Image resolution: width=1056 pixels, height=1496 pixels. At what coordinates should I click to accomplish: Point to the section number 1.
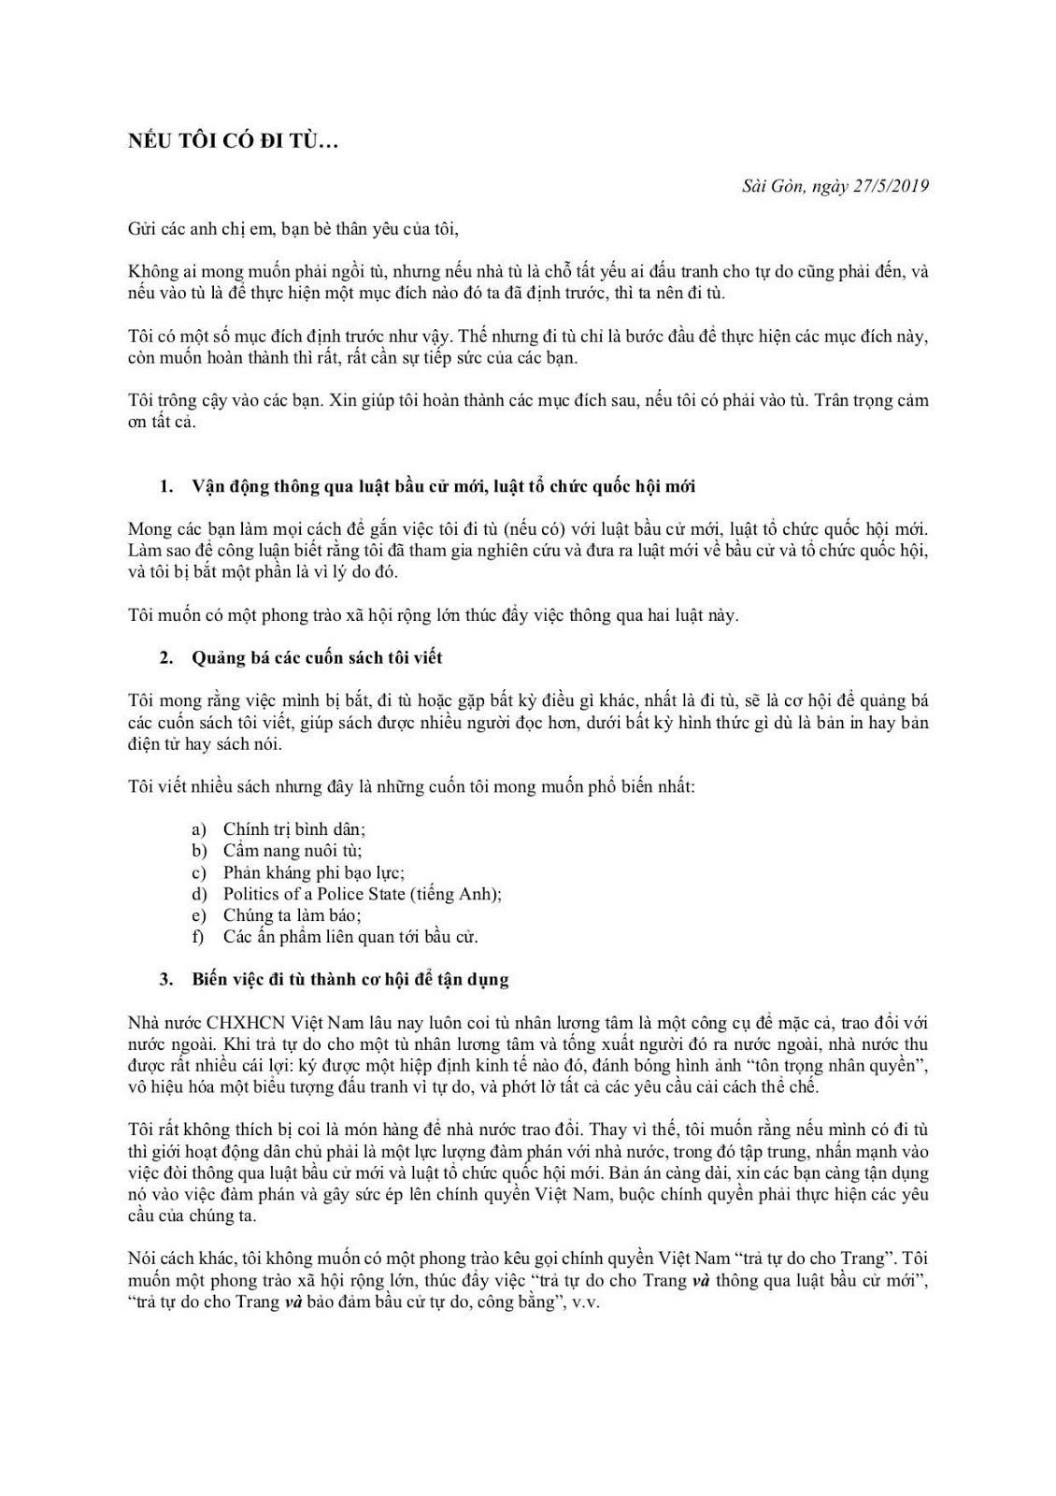point(166,486)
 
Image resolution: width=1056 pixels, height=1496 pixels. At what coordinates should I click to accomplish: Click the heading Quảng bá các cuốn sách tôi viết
point(317,657)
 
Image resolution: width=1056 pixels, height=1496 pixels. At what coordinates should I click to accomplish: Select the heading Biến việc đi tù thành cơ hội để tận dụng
point(350,979)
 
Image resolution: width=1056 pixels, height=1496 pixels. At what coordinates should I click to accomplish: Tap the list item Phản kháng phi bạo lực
point(313,872)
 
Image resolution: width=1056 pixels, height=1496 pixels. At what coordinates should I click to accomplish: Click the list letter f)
point(198,937)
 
